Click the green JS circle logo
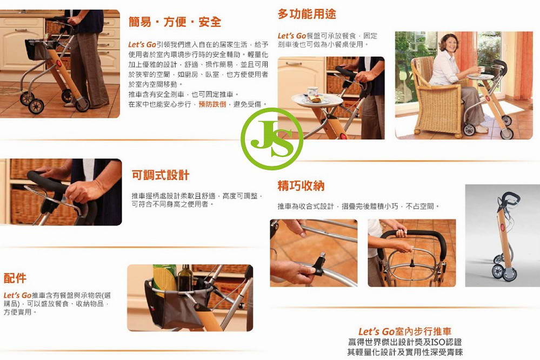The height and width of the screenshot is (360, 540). click(x=272, y=139)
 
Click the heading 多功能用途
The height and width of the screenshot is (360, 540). click(x=306, y=14)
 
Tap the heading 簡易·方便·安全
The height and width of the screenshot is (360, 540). click(x=175, y=22)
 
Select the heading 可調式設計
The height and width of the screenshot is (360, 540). click(x=161, y=175)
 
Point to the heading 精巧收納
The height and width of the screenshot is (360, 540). click(x=301, y=186)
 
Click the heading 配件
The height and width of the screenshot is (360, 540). click(x=15, y=278)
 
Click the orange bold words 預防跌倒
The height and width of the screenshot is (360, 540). click(x=212, y=104)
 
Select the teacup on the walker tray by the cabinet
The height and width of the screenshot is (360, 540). click(x=312, y=92)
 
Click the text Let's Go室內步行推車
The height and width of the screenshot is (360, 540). click(x=405, y=331)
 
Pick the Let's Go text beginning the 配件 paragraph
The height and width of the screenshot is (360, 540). click(x=17, y=295)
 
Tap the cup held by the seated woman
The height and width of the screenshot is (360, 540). click(x=481, y=69)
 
